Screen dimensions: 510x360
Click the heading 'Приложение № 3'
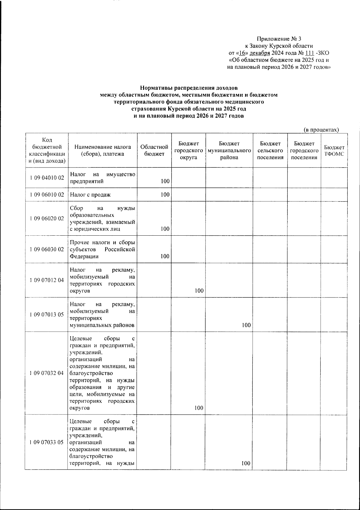[x=279, y=39]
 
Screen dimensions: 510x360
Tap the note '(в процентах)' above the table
[x=321, y=130]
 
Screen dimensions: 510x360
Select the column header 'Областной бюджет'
[x=154, y=150]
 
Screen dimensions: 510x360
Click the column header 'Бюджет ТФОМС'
[x=334, y=151]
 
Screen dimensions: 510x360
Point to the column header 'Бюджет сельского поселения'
[x=270, y=150]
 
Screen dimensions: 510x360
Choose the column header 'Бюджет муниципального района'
[x=229, y=150]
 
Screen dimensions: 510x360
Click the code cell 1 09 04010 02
[x=47, y=178]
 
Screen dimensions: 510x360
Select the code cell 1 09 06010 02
[x=47, y=195]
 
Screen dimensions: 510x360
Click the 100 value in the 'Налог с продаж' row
[x=165, y=195]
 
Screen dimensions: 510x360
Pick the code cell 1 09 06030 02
[x=47, y=249]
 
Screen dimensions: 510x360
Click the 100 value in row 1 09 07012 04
[x=199, y=291]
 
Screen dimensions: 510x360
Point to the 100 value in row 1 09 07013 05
[x=246, y=325]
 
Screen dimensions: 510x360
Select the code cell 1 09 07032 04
[x=47, y=373]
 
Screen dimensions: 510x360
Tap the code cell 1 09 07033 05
[x=47, y=442]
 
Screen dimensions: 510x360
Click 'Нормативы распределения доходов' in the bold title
[x=189, y=88]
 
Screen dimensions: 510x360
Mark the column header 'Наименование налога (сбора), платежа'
[x=103, y=150]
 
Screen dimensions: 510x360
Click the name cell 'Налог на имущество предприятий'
[x=102, y=178]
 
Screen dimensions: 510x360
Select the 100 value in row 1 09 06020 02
[x=165, y=229]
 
